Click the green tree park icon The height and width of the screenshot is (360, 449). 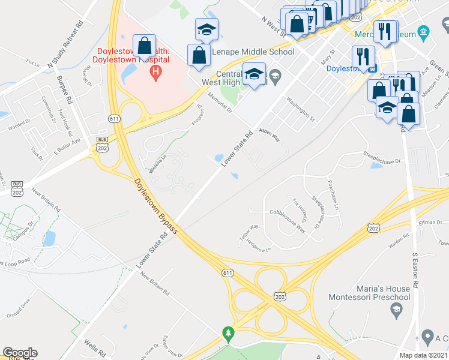click(228, 333)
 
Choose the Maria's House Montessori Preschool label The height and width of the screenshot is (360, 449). click(369, 292)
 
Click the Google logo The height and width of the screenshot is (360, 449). click(20, 353)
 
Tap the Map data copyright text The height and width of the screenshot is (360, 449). click(424, 355)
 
